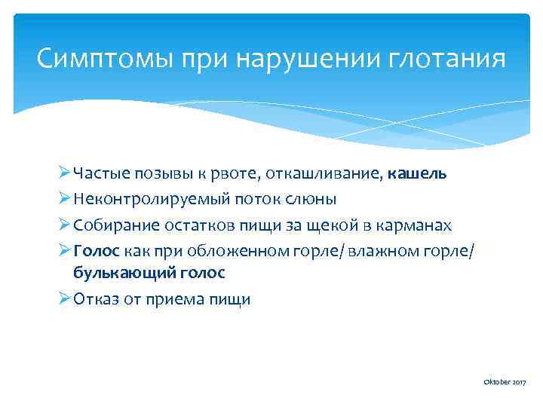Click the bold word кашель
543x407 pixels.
pos(417,174)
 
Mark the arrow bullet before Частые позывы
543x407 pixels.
pos(64,174)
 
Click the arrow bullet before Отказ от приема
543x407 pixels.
pos(64,299)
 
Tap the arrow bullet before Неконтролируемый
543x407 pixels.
pos(64,199)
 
